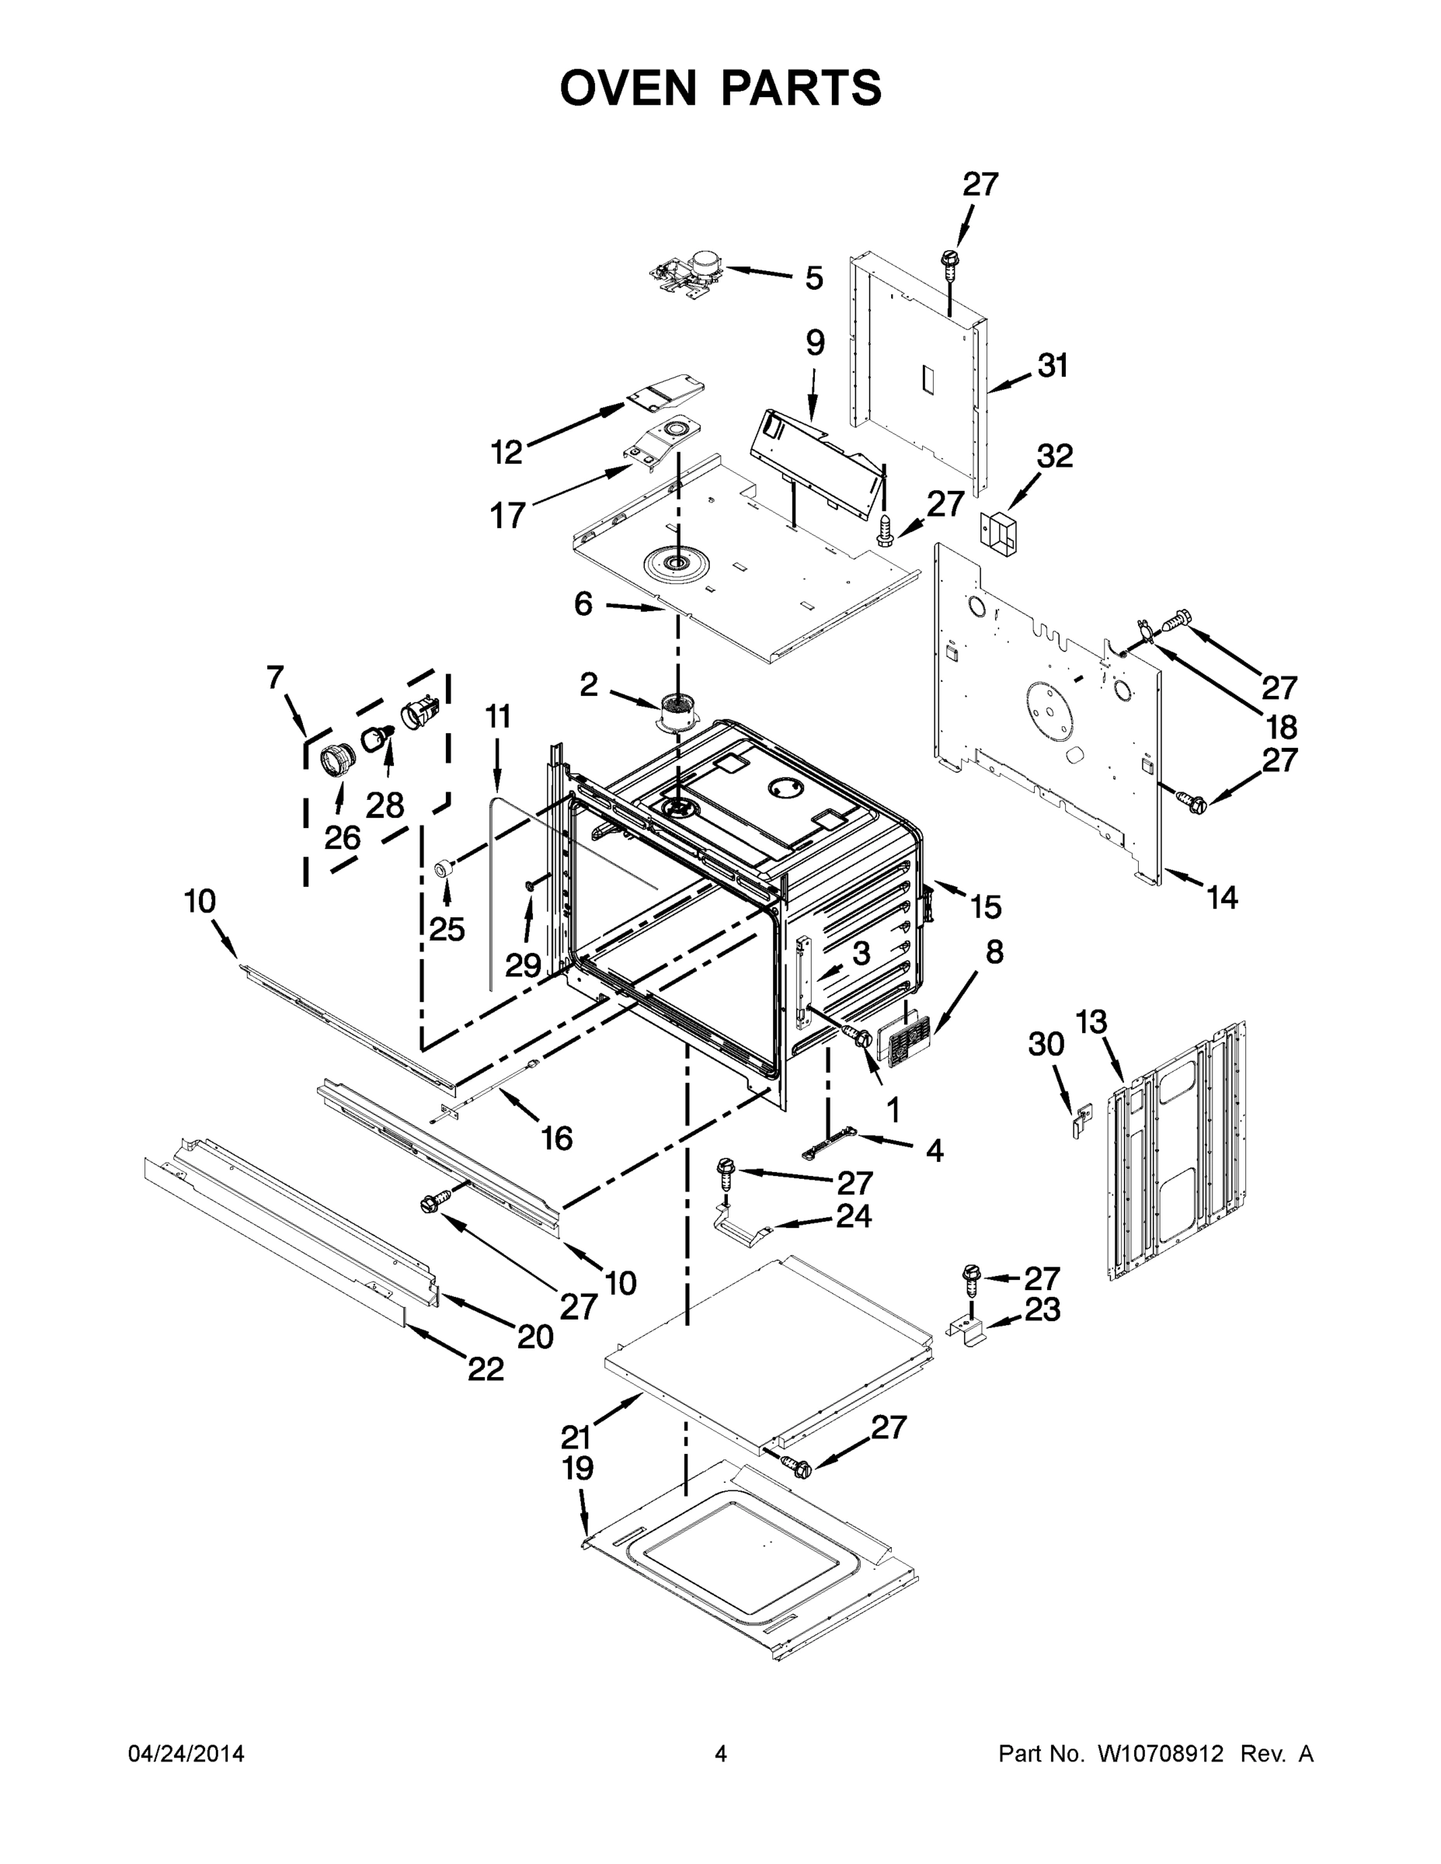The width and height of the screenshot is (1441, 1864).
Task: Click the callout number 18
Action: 1281,726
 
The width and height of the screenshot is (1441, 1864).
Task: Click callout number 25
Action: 447,930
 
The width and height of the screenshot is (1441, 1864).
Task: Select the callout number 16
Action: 557,1138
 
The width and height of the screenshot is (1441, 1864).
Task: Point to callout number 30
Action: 1046,1044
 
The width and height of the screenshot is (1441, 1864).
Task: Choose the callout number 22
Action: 485,1369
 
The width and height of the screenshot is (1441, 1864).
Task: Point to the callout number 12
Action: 506,451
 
